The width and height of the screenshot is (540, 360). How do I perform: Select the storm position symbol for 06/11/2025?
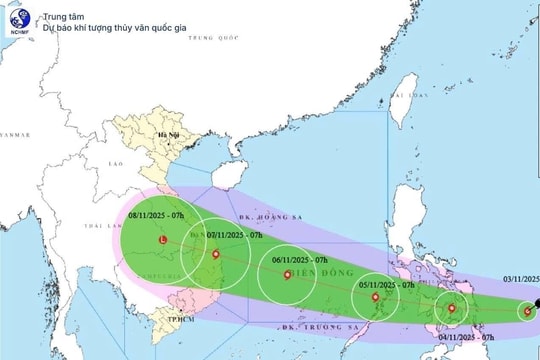point(288,275)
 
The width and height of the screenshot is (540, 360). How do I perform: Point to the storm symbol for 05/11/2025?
point(374,297)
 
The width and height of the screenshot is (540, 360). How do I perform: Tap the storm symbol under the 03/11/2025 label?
point(528,311)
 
